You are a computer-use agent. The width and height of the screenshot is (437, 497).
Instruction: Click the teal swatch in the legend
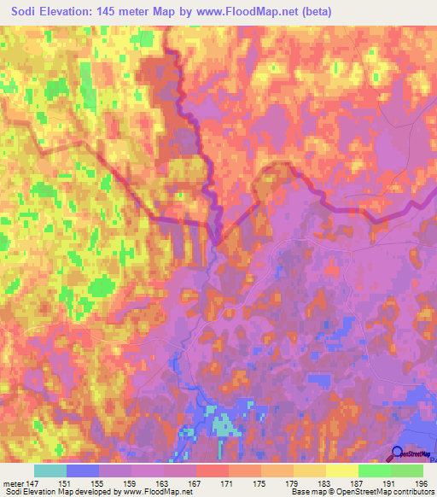50,471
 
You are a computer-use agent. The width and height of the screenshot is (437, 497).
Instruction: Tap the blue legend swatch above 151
83,471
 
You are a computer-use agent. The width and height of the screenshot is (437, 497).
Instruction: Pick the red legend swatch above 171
213,471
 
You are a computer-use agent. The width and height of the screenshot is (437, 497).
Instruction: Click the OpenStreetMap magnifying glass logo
398,453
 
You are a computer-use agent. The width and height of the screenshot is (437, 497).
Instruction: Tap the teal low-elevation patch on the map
224,424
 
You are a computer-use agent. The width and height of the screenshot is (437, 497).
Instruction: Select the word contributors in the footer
410,492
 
